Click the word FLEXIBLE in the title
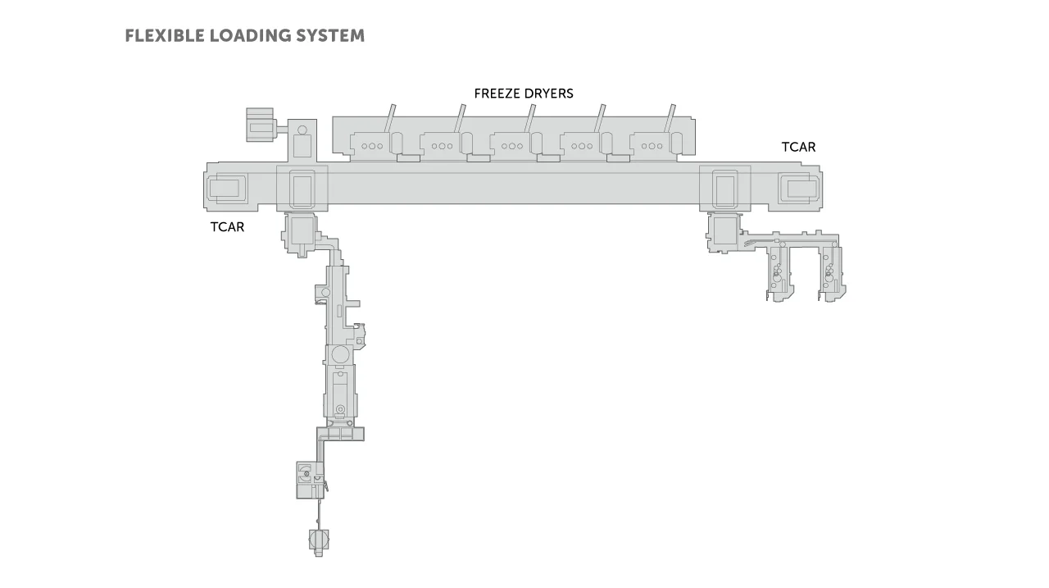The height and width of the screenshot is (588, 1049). click(165, 35)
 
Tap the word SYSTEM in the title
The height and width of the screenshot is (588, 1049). click(330, 35)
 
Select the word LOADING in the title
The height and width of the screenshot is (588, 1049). click(250, 35)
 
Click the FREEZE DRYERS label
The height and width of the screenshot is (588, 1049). click(524, 93)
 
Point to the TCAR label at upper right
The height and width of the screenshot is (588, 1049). click(798, 147)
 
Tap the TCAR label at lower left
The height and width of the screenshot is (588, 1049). click(227, 227)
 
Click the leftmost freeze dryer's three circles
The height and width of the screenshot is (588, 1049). click(372, 146)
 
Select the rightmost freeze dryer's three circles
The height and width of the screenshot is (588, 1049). click(652, 146)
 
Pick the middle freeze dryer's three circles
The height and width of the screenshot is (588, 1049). click(512, 146)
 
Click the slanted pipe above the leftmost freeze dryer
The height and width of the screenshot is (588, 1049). click(390, 118)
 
